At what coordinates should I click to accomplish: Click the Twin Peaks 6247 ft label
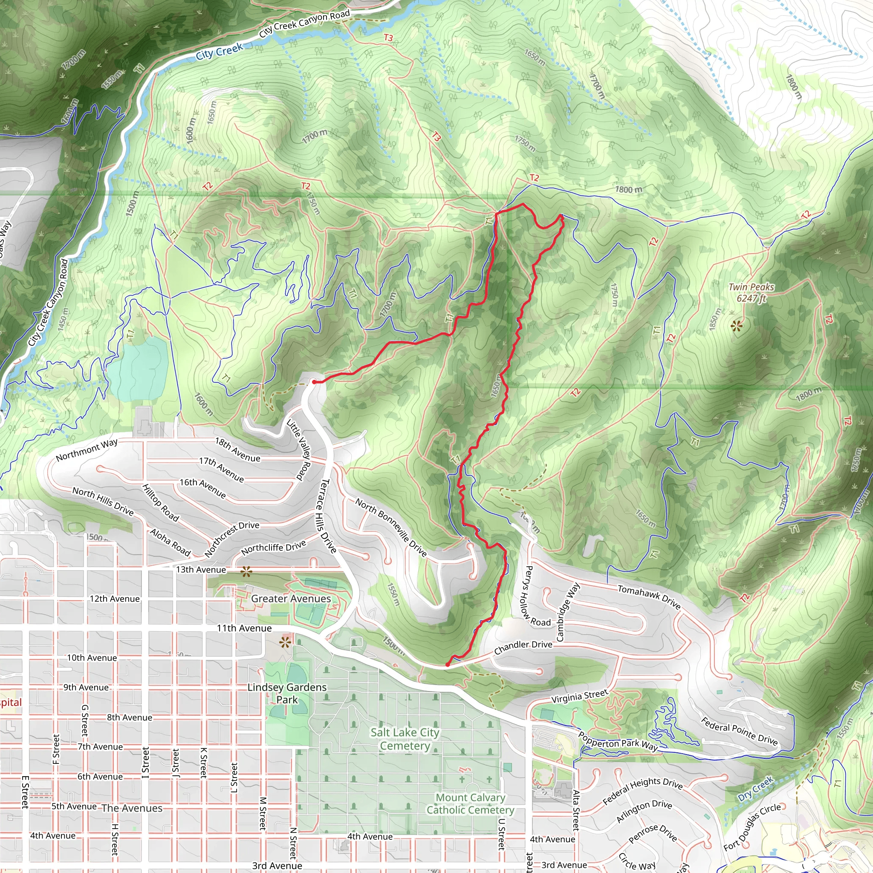click(x=751, y=292)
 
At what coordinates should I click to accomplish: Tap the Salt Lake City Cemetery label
click(x=405, y=739)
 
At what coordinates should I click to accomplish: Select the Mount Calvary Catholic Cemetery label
click(x=471, y=804)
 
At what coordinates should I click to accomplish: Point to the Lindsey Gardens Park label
click(x=287, y=693)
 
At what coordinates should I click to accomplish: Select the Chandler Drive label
click(x=523, y=647)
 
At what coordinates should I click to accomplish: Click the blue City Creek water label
click(x=219, y=52)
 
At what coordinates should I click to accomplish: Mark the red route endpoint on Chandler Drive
click(x=447, y=665)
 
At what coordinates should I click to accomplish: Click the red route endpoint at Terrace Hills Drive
click(x=314, y=382)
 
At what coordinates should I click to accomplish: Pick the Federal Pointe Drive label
click(x=739, y=731)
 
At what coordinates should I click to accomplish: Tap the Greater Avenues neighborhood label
click(x=291, y=599)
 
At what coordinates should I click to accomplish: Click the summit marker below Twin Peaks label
click(x=737, y=326)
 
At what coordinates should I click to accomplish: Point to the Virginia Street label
click(x=580, y=697)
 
